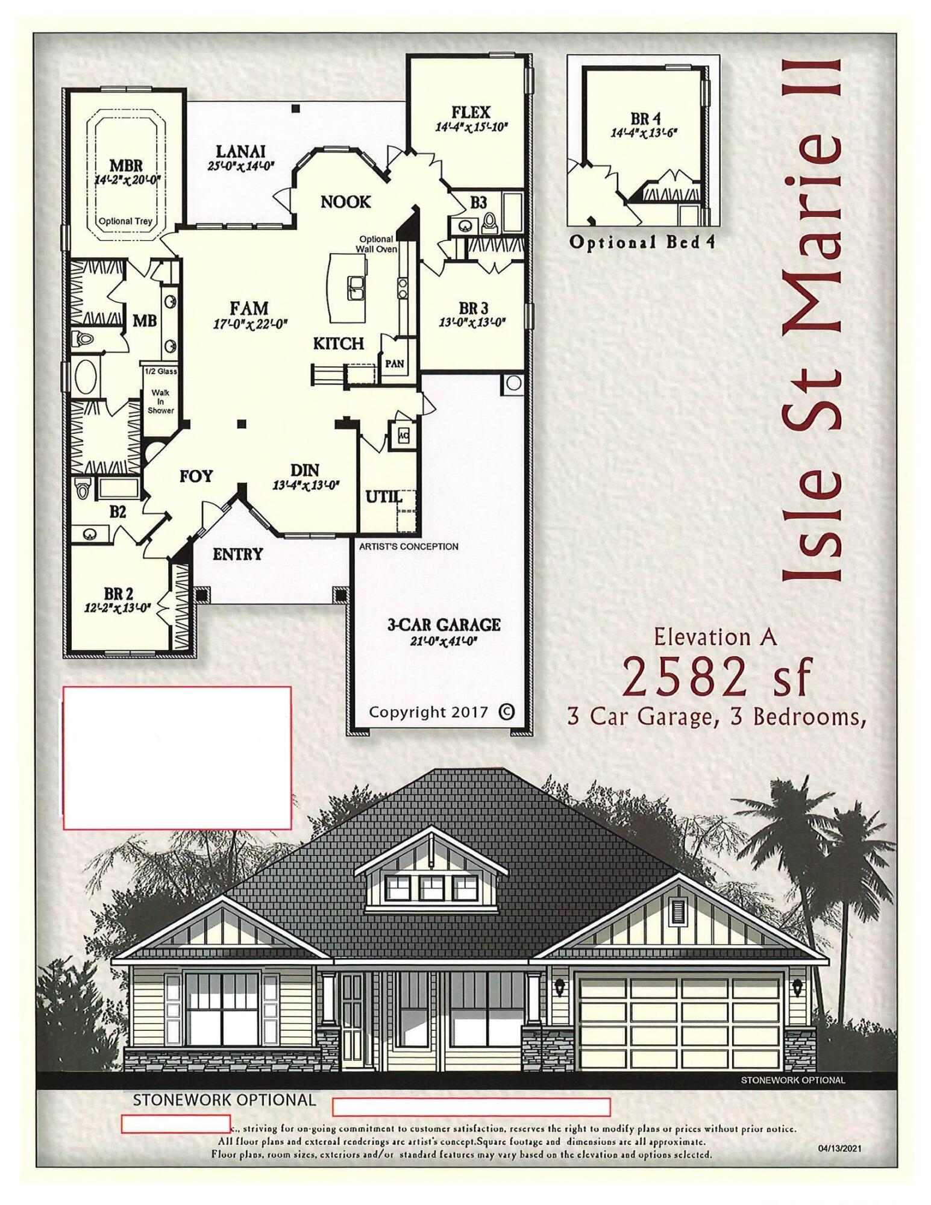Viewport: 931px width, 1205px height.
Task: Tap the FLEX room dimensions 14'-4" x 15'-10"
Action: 471,127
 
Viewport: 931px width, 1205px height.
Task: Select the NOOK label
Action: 345,202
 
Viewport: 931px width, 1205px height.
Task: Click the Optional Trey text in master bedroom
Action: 125,221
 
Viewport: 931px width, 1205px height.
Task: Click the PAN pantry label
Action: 395,364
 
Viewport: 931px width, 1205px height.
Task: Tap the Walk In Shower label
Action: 160,401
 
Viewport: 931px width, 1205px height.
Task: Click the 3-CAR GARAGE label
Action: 444,624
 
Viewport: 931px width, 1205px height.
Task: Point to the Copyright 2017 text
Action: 428,712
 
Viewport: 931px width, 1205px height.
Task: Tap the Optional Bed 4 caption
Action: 642,243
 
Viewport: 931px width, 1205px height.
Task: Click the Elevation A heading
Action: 715,637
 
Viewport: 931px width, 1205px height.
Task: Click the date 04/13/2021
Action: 839,1148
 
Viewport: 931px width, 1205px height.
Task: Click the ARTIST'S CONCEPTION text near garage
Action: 409,546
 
